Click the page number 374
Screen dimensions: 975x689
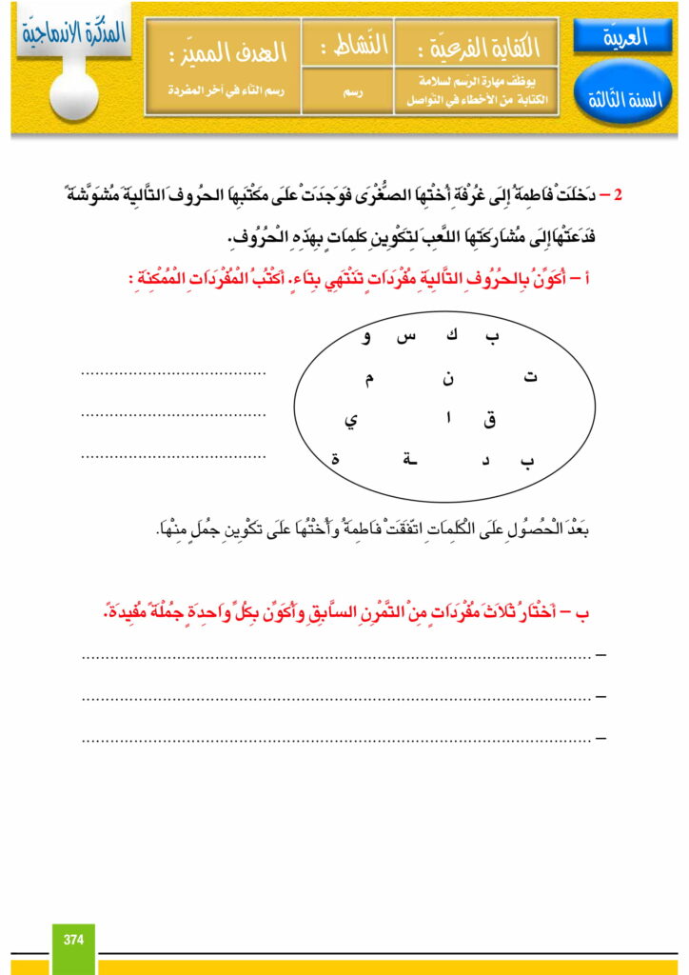pyautogui.click(x=73, y=940)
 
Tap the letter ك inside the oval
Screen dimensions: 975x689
pyautogui.click(x=451, y=336)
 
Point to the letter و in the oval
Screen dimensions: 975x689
pyautogui.click(x=366, y=337)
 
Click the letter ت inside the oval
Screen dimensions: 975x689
pyautogui.click(x=530, y=378)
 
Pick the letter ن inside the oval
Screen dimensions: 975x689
pyautogui.click(x=447, y=379)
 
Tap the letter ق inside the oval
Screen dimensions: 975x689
pyautogui.click(x=490, y=420)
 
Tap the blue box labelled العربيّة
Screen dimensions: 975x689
pyautogui.click(x=623, y=37)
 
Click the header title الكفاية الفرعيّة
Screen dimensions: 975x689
pyautogui.click(x=476, y=46)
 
